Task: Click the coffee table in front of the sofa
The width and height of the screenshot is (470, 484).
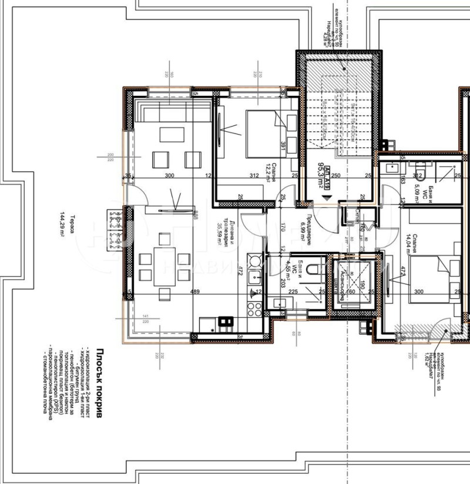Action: point(172,135)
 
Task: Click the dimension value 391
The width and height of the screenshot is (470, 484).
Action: point(283,146)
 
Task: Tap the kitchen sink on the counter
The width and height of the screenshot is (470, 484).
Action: point(255,276)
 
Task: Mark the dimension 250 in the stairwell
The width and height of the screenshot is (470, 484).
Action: point(335,175)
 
